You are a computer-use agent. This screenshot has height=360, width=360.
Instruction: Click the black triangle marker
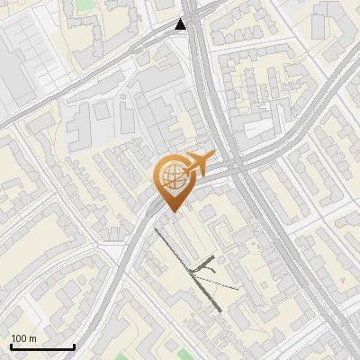coord(182,24)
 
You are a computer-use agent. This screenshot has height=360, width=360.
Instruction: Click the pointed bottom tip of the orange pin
coord(172,211)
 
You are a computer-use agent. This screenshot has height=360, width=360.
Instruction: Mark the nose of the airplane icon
coord(210,157)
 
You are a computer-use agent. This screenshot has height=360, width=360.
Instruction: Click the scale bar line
coord(41,347)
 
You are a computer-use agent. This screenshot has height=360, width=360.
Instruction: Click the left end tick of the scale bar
coord(11,346)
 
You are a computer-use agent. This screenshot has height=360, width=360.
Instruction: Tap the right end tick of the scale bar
coord(73,346)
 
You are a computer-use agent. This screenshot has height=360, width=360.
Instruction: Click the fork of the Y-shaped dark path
coord(205,266)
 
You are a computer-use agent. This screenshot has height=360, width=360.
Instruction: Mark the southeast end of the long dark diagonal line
coord(220,311)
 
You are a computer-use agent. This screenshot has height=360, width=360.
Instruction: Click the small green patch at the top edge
coord(84,4)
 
